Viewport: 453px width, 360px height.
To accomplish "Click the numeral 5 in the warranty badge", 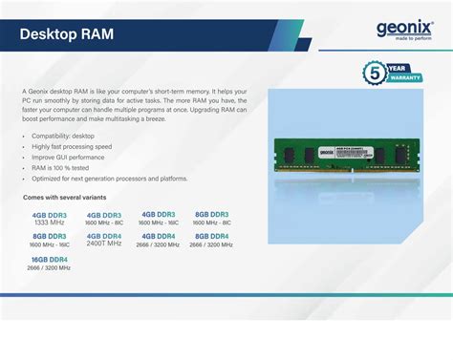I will pyautogui.click(x=376, y=73).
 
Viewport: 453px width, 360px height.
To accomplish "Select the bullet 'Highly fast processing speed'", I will pyautogui.click(x=72, y=147).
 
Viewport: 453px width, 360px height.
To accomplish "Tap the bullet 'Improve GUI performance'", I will pyautogui.click(x=69, y=158).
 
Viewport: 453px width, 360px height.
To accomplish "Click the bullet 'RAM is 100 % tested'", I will pyautogui.click(x=65, y=168).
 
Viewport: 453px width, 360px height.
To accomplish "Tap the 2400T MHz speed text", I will pyautogui.click(x=104, y=244).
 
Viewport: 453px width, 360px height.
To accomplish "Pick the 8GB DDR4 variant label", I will pyautogui.click(x=212, y=236).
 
